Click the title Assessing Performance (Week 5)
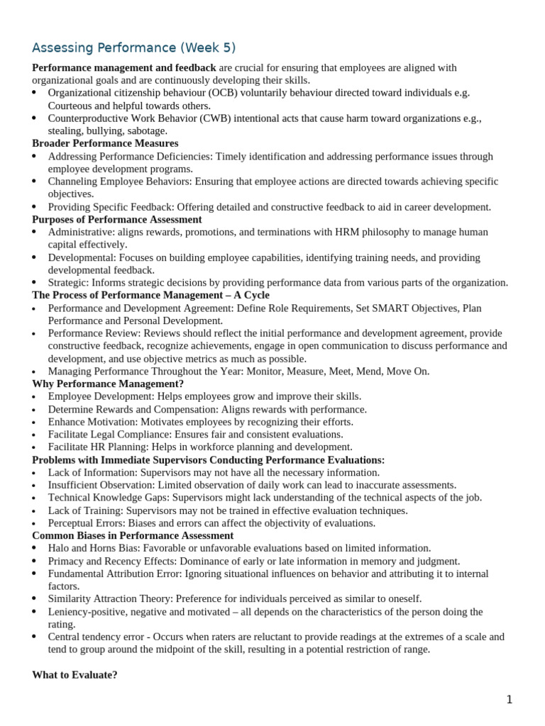coord(133,48)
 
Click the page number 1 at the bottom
coord(509,700)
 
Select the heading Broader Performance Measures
coord(105,143)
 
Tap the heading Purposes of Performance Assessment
coord(117,219)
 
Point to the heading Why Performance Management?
coord(108,384)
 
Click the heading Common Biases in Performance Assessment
coord(133,535)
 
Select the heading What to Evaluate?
coord(75,675)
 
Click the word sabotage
coord(145,130)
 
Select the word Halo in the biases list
coord(59,548)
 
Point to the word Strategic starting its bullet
coord(69,282)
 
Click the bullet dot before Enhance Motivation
coord(35,423)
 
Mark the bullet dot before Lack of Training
coord(35,511)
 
